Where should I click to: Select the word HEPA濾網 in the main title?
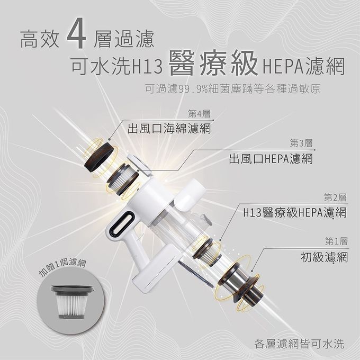coord(300,68)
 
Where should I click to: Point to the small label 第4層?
coord(199,114)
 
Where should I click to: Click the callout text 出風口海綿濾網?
coord(169,129)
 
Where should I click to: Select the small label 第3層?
coord(301,143)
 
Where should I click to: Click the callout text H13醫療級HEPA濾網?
coord(295,213)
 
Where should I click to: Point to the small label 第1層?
coord(336,241)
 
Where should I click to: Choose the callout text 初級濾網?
coord(323,258)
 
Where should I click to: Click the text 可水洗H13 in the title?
coord(115,68)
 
